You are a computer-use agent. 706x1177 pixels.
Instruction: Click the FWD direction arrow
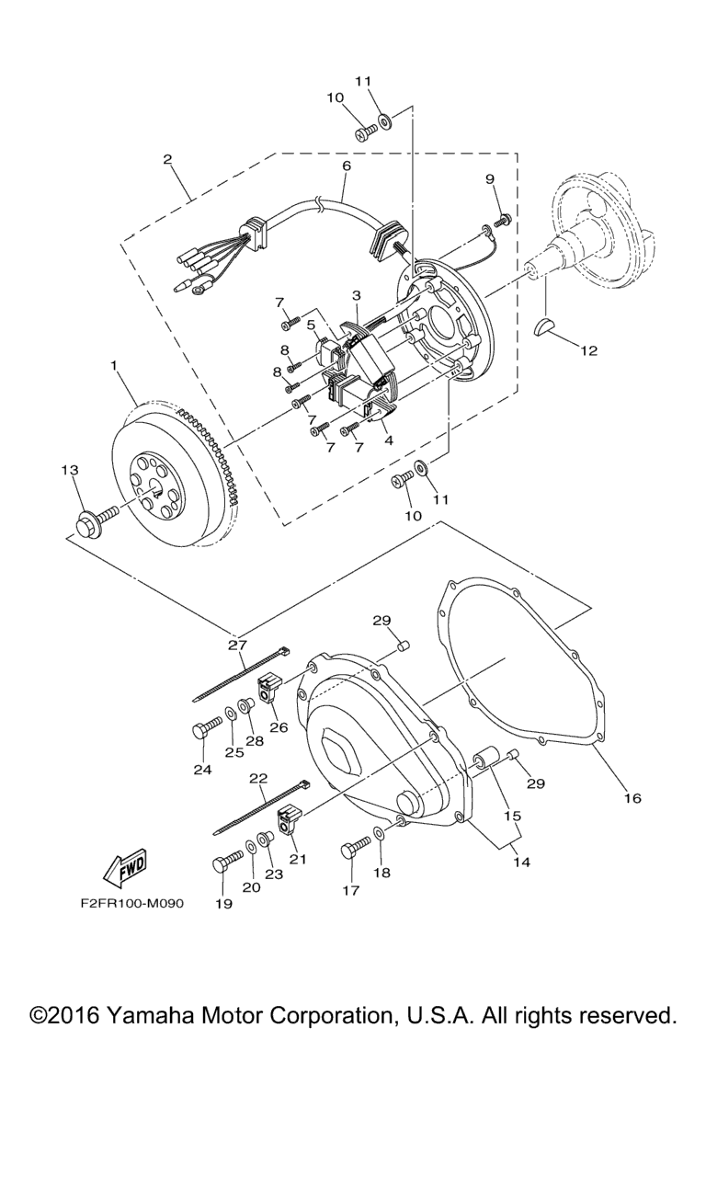coord(124,865)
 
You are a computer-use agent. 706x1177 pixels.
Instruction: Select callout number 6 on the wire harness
coord(347,166)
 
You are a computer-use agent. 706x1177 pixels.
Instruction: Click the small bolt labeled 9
coord(502,220)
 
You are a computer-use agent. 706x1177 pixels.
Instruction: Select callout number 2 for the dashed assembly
coord(167,159)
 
